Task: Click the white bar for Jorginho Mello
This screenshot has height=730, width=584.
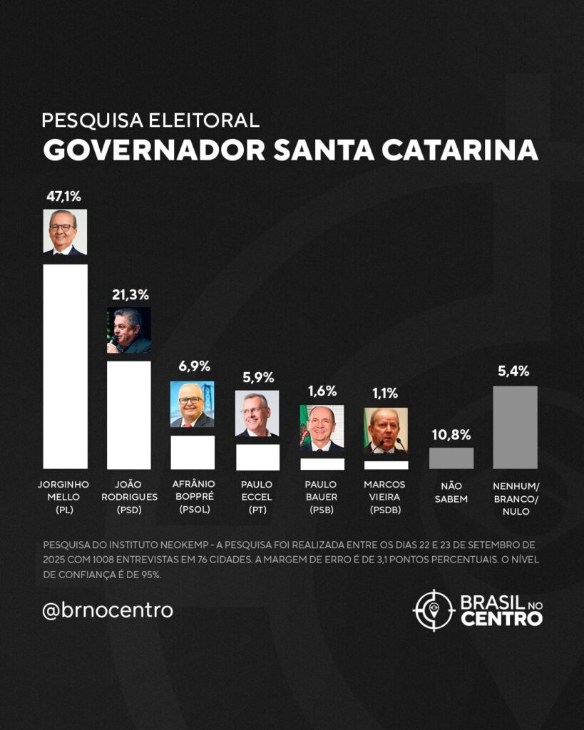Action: [66, 366]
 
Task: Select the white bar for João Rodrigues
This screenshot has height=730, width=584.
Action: [129, 414]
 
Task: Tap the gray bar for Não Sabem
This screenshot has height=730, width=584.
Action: [451, 458]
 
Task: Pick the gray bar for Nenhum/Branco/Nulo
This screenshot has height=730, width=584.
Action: [515, 427]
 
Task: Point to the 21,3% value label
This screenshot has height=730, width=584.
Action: [129, 294]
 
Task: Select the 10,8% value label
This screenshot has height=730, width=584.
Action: [451, 434]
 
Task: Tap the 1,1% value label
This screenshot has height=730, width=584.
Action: [385, 393]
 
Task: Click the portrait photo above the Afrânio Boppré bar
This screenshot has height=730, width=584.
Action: [193, 404]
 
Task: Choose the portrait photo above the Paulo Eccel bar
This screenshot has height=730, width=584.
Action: [257, 413]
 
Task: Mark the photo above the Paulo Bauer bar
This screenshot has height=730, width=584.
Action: [322, 428]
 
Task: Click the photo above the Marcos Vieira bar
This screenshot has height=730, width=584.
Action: [386, 431]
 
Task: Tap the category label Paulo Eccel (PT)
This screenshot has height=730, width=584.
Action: [257, 496]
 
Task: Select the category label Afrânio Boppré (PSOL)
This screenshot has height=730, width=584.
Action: [192, 496]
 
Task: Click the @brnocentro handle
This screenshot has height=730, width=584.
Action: [108, 610]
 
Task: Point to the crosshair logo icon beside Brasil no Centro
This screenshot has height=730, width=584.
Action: [434, 610]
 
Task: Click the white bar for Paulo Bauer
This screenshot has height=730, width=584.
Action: [322, 463]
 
